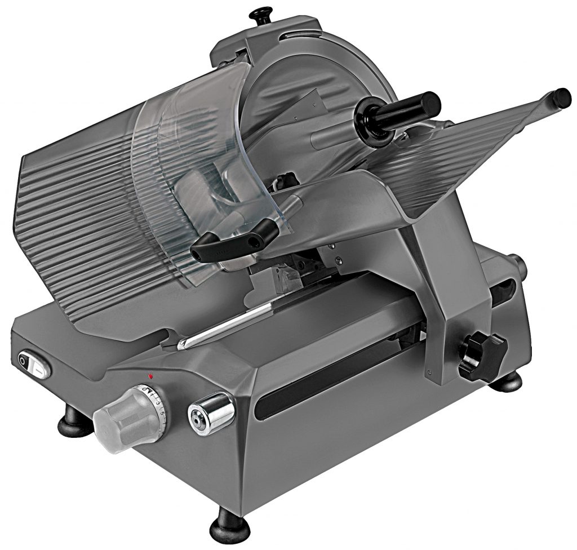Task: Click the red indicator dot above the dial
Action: pyautogui.click(x=150, y=375)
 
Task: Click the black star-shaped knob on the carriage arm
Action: pyautogui.click(x=481, y=354)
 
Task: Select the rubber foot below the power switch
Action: pyautogui.click(x=73, y=421)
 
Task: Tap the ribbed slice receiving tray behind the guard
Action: pyautogui.click(x=73, y=225)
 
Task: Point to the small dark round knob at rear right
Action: pyautogui.click(x=517, y=265)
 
